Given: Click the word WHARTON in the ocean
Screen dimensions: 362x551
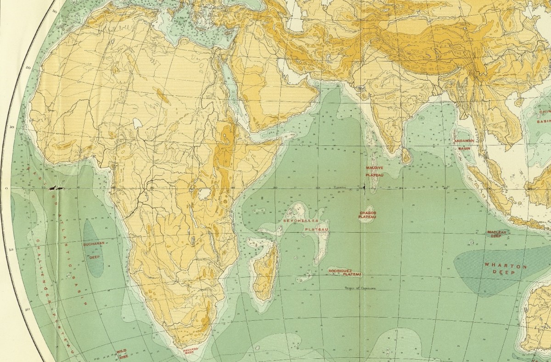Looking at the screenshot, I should (x=498, y=266).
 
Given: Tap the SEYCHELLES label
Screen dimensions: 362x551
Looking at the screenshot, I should (x=294, y=221).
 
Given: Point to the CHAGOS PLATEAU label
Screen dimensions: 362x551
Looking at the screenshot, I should (x=368, y=215).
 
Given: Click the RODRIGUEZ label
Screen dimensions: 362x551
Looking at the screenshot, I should (x=340, y=271).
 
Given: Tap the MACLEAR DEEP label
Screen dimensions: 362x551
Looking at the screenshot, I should (x=496, y=234).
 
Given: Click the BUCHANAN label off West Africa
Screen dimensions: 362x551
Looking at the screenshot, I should (x=94, y=245).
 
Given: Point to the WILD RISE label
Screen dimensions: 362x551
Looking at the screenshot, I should (x=122, y=353).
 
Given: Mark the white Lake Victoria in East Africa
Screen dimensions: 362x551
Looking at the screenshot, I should (x=202, y=194).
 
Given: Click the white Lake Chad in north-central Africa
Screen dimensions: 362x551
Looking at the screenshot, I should (x=137, y=123).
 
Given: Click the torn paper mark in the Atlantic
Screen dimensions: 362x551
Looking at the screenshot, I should (x=56, y=188).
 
